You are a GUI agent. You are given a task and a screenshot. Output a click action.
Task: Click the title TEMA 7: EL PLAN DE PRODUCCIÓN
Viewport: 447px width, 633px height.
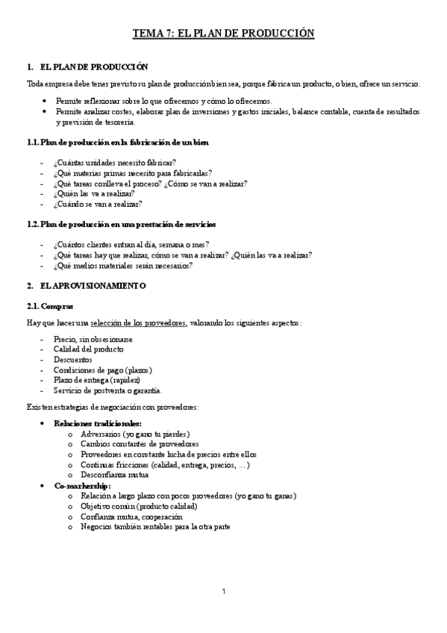(223, 34)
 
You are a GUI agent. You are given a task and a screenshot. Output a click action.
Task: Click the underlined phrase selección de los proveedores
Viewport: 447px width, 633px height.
(138, 322)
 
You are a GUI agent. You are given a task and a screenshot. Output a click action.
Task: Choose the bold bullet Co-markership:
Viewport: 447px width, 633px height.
(82, 485)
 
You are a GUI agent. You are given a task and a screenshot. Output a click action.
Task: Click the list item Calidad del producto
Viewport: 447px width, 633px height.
(89, 349)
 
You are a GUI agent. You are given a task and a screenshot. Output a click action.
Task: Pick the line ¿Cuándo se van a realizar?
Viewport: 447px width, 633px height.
(97, 204)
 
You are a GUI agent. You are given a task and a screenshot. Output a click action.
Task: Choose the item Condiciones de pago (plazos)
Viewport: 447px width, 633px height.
(105, 370)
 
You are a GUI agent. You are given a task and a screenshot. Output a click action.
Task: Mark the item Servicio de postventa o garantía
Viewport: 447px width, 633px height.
(107, 390)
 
